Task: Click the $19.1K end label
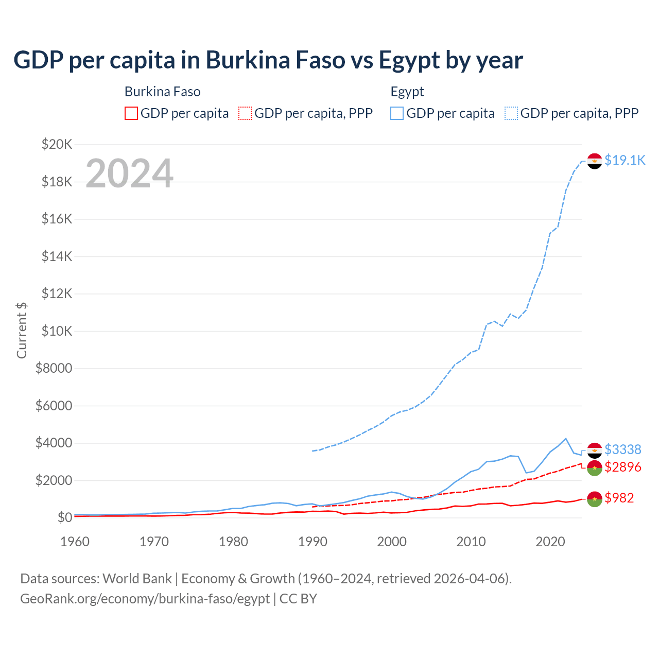pos(625,160)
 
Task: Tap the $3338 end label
pos(622,449)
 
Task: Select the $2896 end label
pos(622,467)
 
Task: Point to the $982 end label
pos(619,498)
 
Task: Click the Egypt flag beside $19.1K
pos(595,161)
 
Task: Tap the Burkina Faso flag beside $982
pos(595,499)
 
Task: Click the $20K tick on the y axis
pos(57,144)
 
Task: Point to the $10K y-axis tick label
pos(57,331)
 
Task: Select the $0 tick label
pos(64,517)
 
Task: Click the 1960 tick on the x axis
pos(75,542)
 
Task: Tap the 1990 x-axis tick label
pos(313,542)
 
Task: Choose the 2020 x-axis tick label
pos(550,542)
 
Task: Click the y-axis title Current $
pos(22,330)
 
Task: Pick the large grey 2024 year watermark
pos(129,174)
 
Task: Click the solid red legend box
pos(131,113)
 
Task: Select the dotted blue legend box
pos(511,113)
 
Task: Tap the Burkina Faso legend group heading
pos(162,92)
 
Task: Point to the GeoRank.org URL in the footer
pos(145,599)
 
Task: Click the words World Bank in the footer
pos(137,579)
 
